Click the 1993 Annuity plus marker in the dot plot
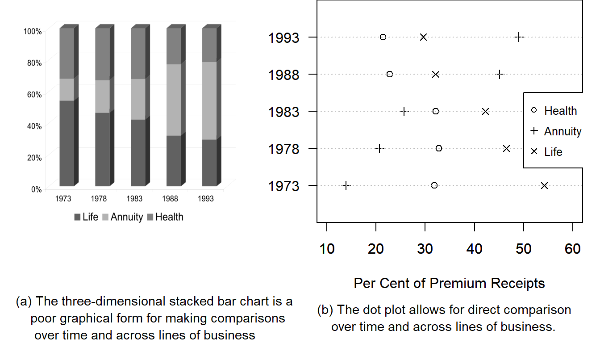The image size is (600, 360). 519,37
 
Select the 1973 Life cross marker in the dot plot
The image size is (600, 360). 544,185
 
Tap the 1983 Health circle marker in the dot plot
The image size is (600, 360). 435,111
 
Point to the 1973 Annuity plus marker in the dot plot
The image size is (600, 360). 346,185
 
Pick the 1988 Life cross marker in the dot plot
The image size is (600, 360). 436,74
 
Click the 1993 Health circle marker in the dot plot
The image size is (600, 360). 383,37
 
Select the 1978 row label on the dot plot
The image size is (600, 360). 283,149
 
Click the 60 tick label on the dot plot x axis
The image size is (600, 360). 572,249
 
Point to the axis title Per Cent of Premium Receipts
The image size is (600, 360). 449,283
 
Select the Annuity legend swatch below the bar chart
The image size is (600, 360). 106,218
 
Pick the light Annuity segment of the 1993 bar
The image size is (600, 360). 209,100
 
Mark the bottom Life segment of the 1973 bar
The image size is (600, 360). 67,143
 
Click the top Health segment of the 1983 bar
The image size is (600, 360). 138,54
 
